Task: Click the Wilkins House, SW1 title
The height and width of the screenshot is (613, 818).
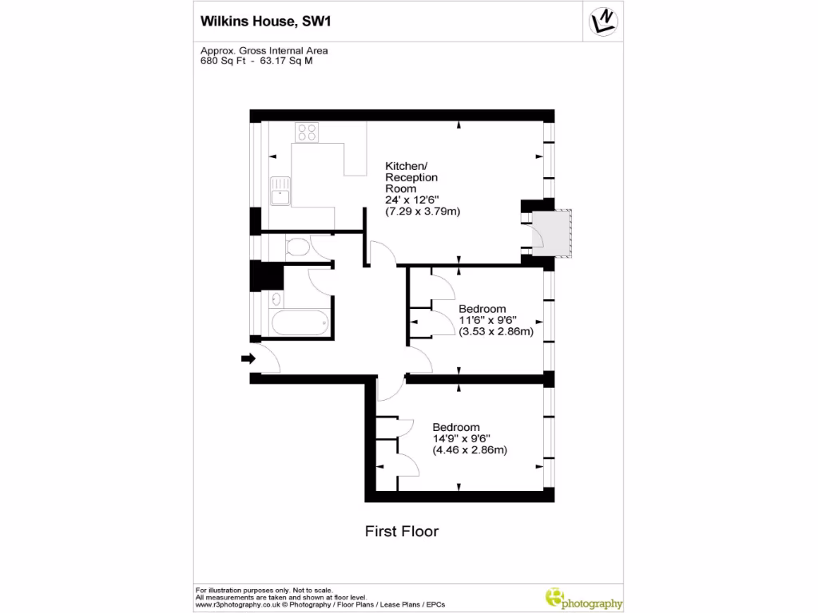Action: pos(264,22)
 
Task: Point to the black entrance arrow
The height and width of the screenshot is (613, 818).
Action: pos(248,359)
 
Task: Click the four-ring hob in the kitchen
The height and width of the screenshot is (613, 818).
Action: pos(307,132)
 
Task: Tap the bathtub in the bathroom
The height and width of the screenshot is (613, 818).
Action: pos(300,324)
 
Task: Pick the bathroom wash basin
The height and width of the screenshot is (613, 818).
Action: pos(276,300)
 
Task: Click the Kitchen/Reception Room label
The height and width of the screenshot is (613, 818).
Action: pos(411,177)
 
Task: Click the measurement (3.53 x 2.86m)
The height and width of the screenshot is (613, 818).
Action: pos(495,332)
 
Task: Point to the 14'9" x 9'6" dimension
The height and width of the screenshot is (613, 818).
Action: pos(461,438)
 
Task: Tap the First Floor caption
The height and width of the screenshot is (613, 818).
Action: pos(402,531)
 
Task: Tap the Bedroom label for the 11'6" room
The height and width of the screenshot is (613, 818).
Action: pos(482,309)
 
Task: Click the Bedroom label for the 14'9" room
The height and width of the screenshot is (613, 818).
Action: pos(456,427)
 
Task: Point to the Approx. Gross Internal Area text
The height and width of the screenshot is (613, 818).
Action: pos(264,50)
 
